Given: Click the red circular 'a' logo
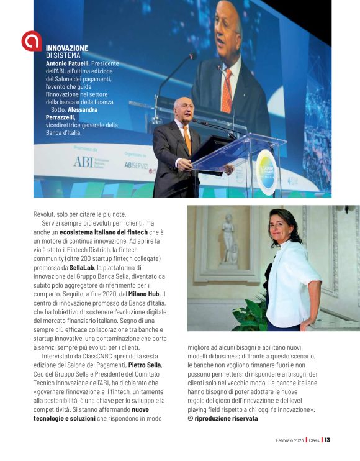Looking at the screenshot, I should pyautogui.click(x=31, y=41).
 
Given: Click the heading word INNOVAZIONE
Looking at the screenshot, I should pyautogui.click(x=67, y=48).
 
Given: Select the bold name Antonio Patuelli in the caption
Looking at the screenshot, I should pyautogui.click(x=68, y=63).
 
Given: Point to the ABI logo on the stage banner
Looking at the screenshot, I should pyautogui.click(x=83, y=162).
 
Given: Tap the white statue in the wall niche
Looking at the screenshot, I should pyautogui.click(x=228, y=239).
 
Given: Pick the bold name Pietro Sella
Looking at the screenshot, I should pyautogui.click(x=145, y=365).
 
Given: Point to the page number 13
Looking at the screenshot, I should pyautogui.click(x=327, y=440).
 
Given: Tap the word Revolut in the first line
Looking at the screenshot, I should pyautogui.click(x=45, y=214).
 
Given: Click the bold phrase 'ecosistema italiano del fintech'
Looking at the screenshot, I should pyautogui.click(x=104, y=232).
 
